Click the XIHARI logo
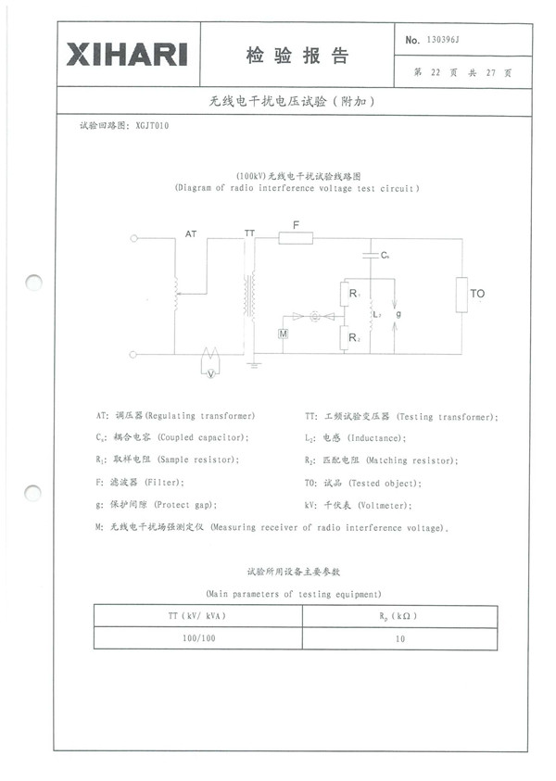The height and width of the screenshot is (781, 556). tap(126, 54)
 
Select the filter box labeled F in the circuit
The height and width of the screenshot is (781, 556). tap(296, 238)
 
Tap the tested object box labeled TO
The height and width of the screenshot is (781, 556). tap(461, 295)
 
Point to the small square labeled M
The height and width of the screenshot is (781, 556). tap(284, 332)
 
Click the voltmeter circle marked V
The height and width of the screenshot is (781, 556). tap(211, 373)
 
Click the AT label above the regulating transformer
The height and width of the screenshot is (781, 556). tap(191, 234)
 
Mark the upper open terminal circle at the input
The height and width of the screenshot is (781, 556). tap(134, 238)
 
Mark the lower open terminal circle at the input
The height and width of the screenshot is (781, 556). tap(134, 354)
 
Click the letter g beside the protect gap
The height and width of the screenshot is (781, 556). tap(398, 315)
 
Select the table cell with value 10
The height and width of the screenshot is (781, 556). tap(398, 638)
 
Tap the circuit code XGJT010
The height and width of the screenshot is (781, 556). tap(152, 124)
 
